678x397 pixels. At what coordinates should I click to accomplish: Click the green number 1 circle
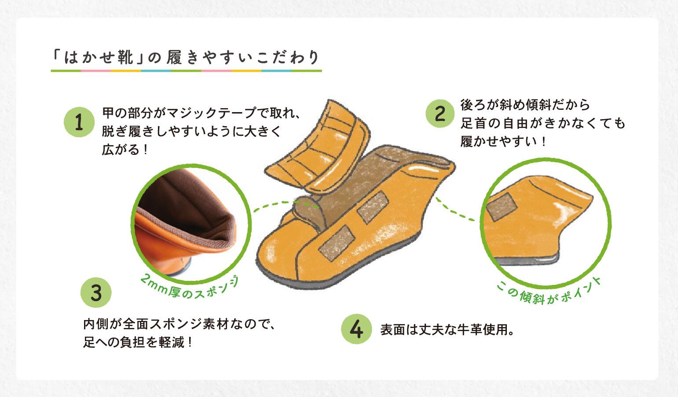[x=79, y=122]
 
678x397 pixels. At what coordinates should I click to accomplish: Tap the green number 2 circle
[x=440, y=113]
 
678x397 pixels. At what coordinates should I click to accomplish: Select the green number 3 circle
[x=96, y=292]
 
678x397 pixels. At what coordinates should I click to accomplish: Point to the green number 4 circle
[x=356, y=329]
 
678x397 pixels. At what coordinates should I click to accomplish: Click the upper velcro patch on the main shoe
[x=373, y=207]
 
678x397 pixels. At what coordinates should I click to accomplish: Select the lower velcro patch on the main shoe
[x=337, y=243]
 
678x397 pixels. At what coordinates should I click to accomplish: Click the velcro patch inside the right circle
[x=501, y=207]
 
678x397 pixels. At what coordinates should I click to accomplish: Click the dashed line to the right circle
[x=454, y=210]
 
